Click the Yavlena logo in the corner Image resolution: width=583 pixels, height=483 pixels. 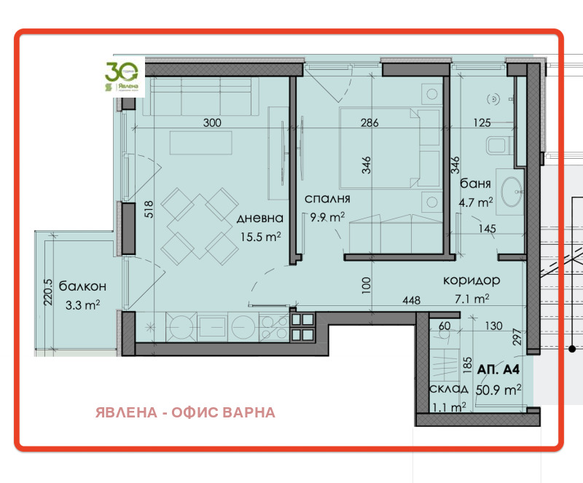pos(122,77)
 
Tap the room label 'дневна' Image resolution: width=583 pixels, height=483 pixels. pos(259,218)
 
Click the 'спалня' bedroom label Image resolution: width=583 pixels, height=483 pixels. pos(329,197)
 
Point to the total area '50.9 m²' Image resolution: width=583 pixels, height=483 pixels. pos(498,390)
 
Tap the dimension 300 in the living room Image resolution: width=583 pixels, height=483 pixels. pos(211,123)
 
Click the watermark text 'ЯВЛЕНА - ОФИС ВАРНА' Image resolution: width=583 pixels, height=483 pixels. pos(185,412)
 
